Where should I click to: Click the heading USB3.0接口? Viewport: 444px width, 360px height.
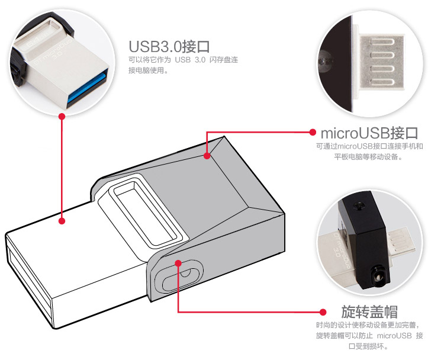click(x=169, y=46)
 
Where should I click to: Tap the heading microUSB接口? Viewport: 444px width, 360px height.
click(x=369, y=133)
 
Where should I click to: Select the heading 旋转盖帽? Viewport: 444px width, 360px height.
click(x=369, y=312)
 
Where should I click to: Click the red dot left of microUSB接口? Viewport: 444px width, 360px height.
click(x=313, y=132)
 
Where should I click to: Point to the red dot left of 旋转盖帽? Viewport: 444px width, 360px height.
click(x=323, y=312)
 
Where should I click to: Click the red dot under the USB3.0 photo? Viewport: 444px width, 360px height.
click(x=62, y=116)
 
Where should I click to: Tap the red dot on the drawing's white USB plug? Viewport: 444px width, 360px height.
click(x=62, y=221)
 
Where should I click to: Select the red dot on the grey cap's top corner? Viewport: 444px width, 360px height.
click(x=207, y=156)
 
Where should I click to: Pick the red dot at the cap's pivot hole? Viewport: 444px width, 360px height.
click(x=178, y=263)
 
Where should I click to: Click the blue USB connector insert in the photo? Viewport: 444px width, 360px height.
click(x=88, y=88)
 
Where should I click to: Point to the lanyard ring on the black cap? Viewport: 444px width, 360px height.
click(x=378, y=275)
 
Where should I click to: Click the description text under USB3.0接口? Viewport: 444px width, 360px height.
click(x=183, y=65)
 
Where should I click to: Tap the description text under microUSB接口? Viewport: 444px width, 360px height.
click(x=369, y=152)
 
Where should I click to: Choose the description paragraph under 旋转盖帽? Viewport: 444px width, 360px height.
click(x=369, y=335)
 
